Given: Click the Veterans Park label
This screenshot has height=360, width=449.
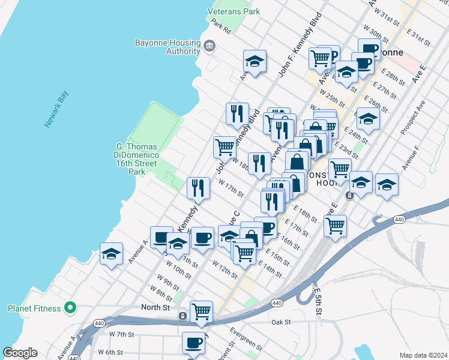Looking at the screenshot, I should click(x=234, y=11).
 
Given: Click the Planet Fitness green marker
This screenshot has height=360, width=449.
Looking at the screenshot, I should click(x=70, y=308).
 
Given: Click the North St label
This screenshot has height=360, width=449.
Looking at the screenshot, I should click(x=157, y=307).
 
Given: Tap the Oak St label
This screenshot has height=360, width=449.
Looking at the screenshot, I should click(x=281, y=322).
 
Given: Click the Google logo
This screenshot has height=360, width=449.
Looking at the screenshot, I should click(x=20, y=353).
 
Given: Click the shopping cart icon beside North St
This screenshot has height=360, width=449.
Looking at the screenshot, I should click(x=201, y=311).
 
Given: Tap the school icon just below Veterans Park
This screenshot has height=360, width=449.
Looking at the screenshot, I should click(x=255, y=61).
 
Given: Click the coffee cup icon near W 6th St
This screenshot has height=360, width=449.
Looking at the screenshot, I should click(x=193, y=342).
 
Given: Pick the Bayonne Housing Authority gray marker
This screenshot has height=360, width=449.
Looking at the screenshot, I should click(x=209, y=46).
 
